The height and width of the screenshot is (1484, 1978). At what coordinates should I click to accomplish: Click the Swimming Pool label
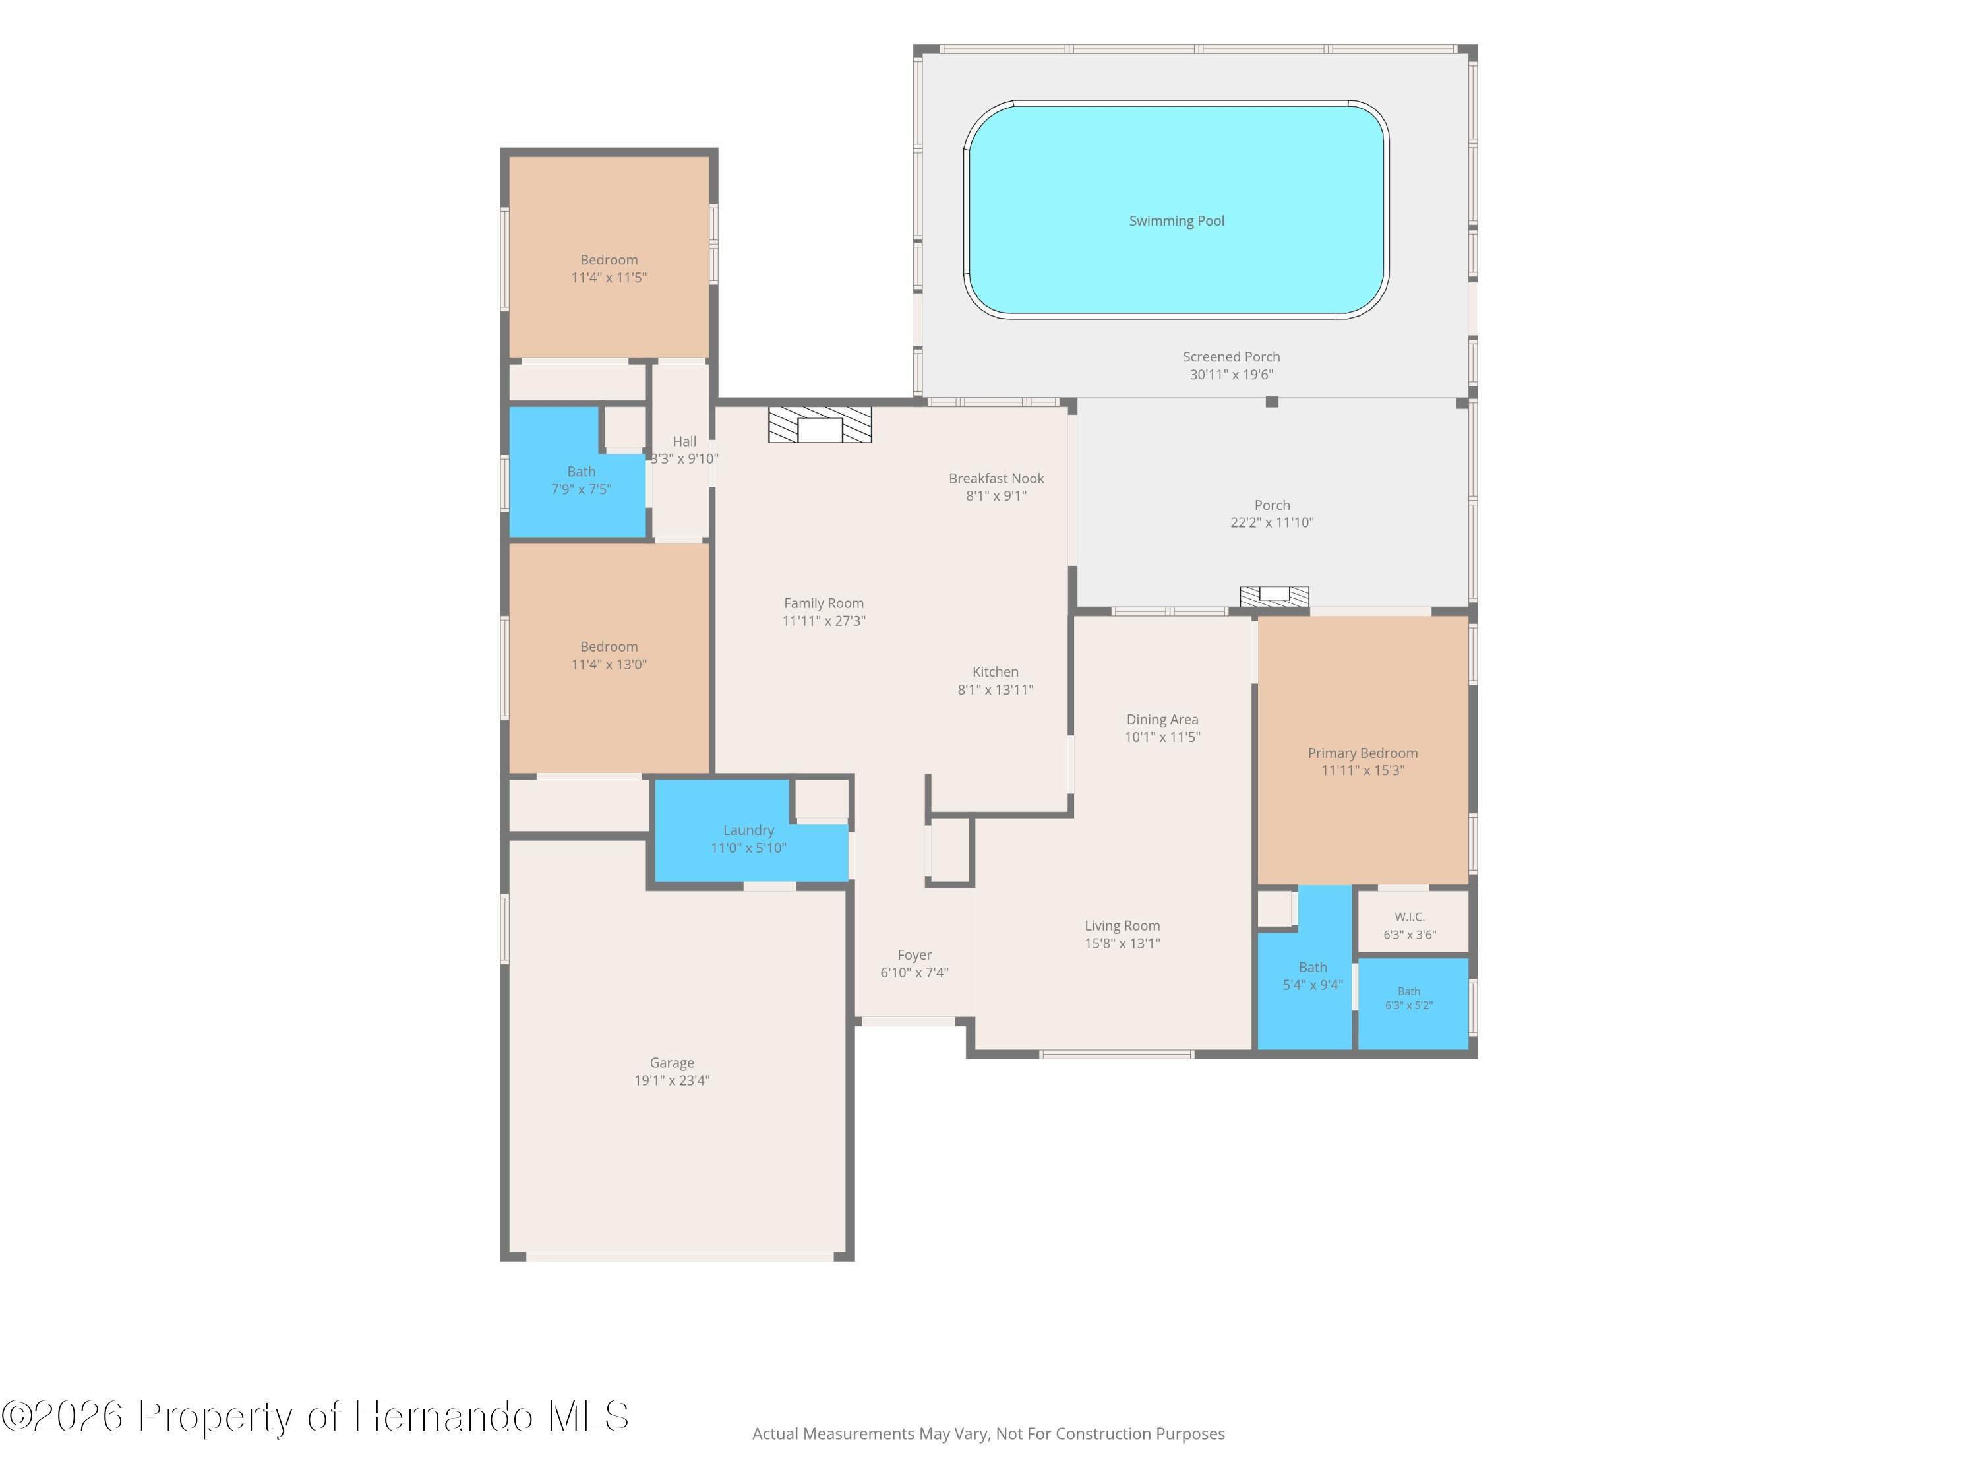point(1177,221)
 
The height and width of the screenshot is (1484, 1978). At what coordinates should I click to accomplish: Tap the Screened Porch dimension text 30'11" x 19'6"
point(1232,375)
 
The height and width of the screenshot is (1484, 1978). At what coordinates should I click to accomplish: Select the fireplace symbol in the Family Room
point(820,425)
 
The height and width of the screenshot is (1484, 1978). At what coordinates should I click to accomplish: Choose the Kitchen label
point(995,672)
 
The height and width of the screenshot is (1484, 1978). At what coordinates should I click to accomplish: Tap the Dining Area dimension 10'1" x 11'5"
point(1162,737)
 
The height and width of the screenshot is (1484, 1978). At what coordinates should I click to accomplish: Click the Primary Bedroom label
point(1363,753)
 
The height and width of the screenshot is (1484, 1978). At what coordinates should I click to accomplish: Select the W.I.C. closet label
point(1409,917)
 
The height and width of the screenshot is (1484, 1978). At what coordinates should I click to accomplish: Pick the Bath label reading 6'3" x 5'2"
point(1409,999)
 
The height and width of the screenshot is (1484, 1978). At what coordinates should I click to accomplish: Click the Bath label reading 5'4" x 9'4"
point(1313,976)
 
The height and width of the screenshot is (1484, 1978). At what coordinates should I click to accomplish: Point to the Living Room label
point(1122,926)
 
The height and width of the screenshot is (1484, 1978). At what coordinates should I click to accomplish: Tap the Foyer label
point(914,955)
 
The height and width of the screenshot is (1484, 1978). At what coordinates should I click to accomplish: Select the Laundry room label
point(748,830)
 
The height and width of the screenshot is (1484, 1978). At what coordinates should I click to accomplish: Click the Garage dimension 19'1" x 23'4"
point(672,1080)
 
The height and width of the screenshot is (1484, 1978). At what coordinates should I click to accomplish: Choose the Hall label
point(684,441)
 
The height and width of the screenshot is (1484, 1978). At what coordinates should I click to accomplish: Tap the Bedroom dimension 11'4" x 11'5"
point(609,277)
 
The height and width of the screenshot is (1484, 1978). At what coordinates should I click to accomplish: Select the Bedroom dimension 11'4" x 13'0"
point(609,665)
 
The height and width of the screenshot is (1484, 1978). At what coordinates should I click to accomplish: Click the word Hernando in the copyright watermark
point(444,1416)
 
